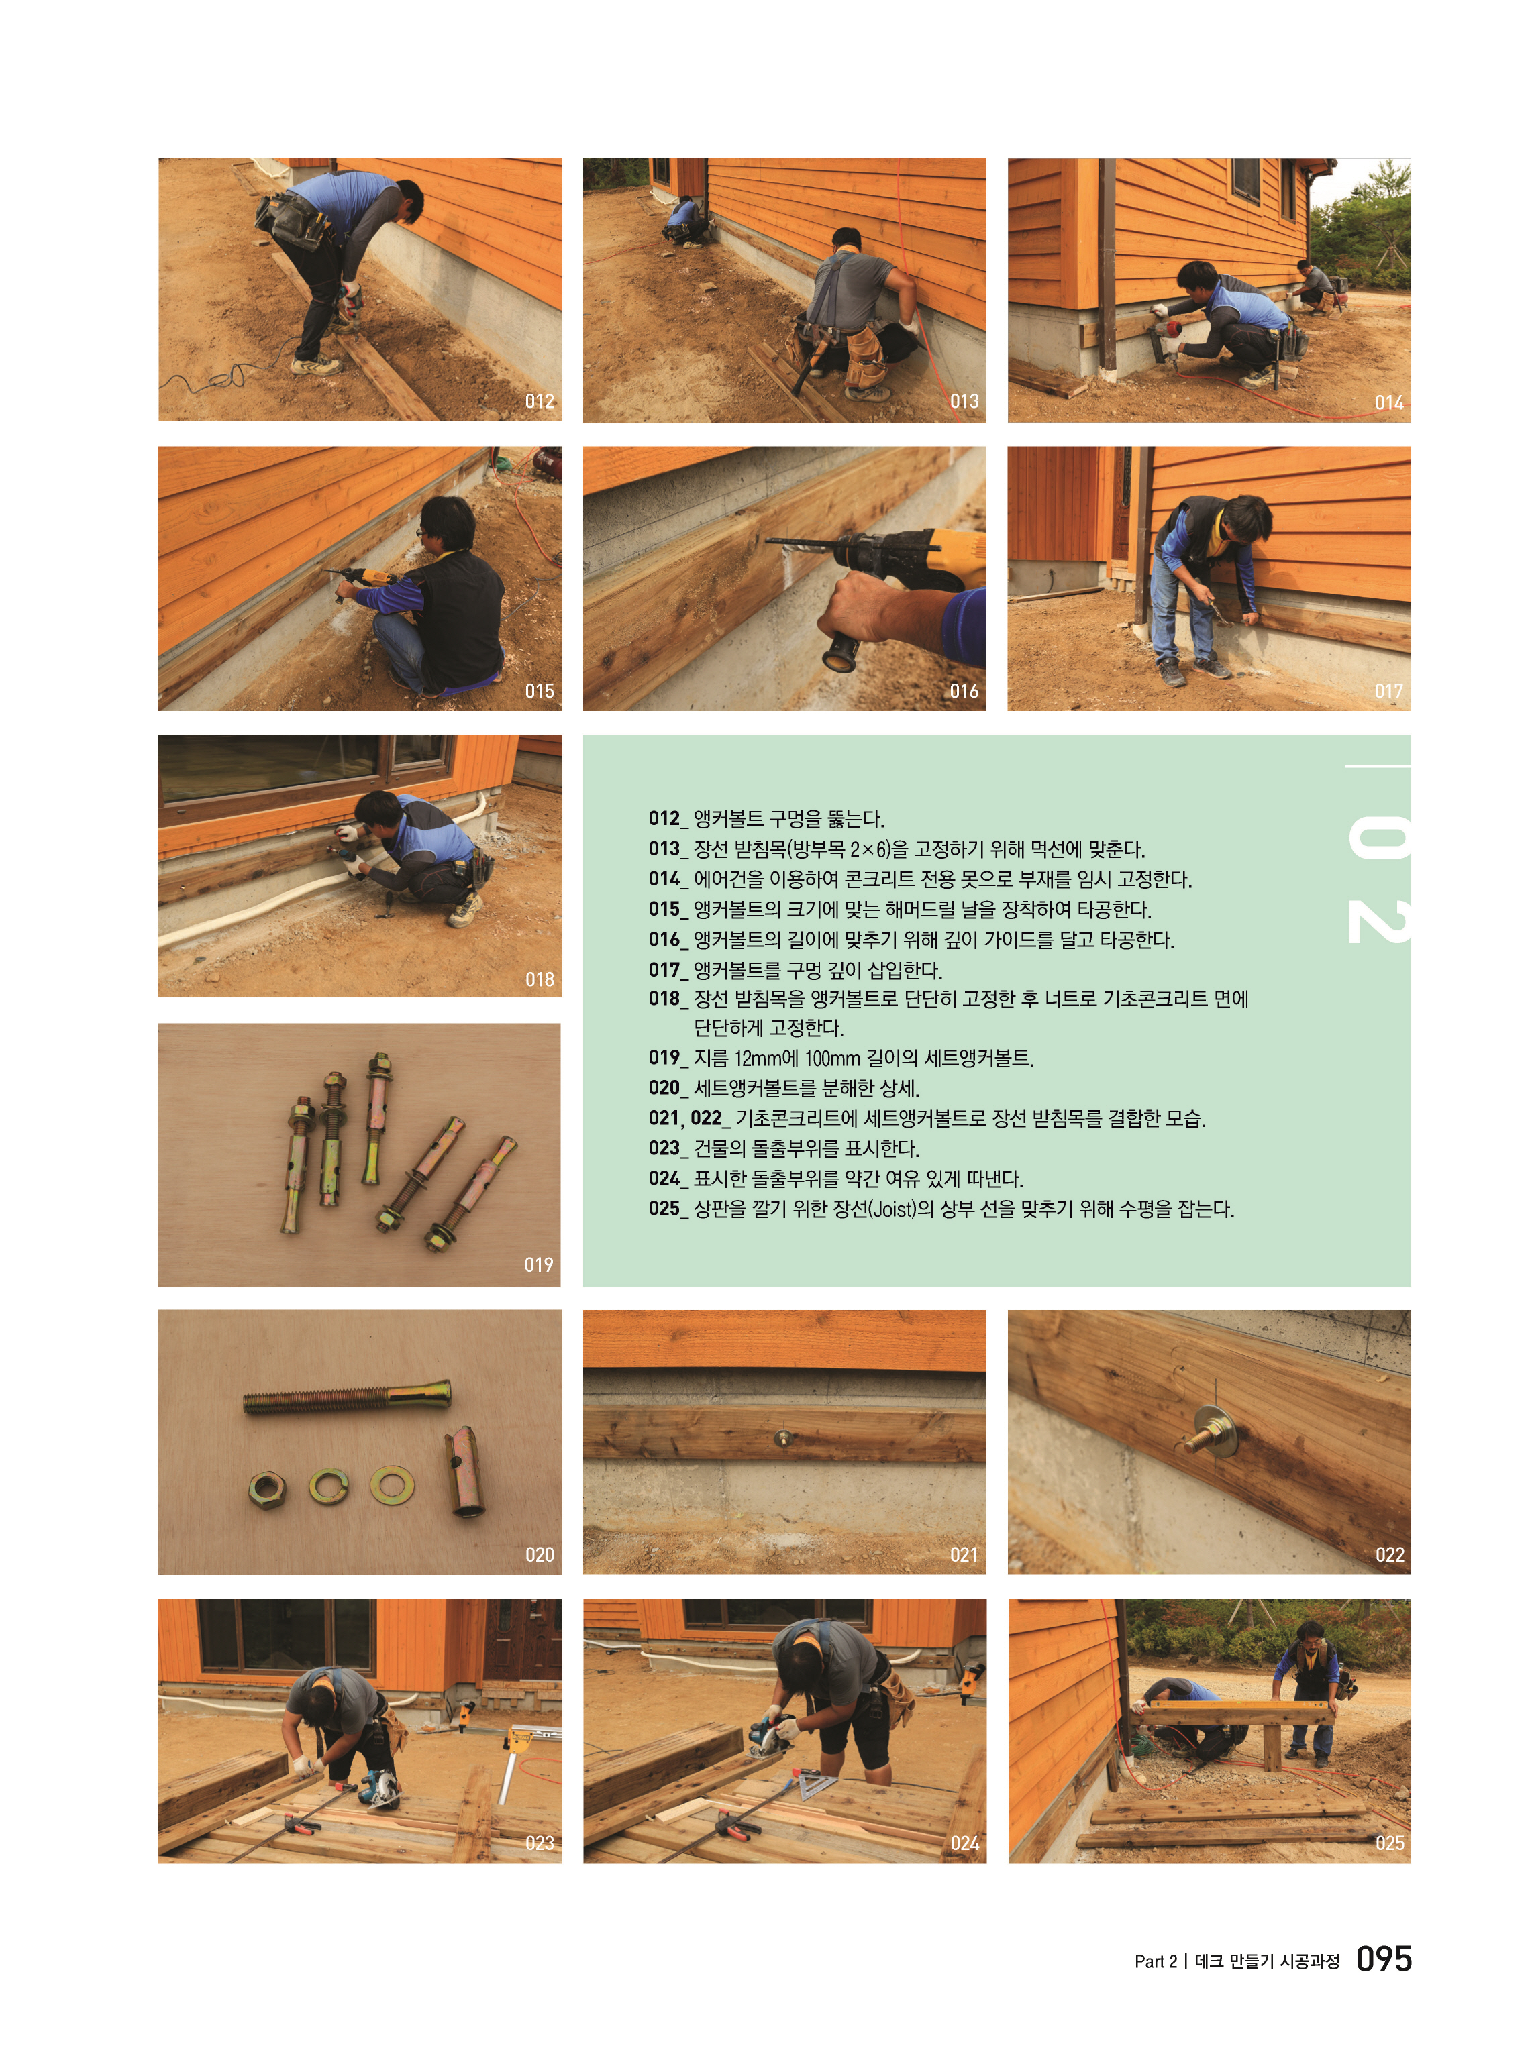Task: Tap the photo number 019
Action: tap(538, 1264)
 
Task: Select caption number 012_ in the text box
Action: tap(668, 818)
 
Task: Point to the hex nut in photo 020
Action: tap(268, 1490)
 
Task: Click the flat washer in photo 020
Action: tap(392, 1485)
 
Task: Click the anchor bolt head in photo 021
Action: tap(784, 1437)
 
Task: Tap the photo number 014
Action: tap(1388, 402)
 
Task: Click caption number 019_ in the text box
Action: tap(668, 1057)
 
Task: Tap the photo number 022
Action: tap(1389, 1554)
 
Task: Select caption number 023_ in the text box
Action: tap(668, 1148)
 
